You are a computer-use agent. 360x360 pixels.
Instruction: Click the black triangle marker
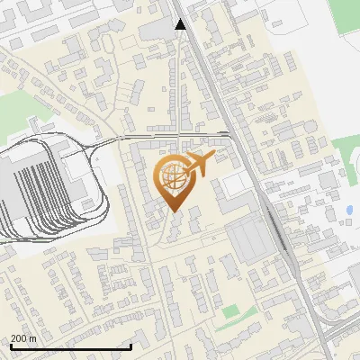(x=181, y=24)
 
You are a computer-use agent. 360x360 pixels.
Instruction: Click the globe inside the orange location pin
(x=174, y=178)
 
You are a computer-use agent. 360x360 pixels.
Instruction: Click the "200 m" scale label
(x=23, y=338)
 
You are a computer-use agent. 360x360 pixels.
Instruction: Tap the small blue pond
(x=348, y=211)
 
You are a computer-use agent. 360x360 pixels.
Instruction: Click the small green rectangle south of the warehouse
(x=232, y=311)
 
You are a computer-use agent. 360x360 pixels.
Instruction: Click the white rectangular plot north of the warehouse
(x=237, y=184)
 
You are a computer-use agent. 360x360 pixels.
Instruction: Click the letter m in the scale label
(x=32, y=338)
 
